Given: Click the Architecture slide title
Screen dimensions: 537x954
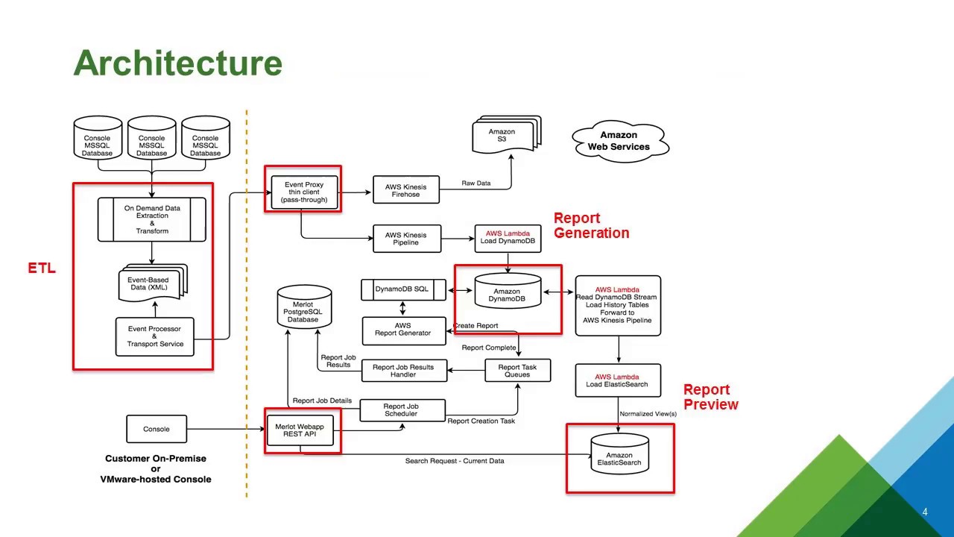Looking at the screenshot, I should pos(177,63).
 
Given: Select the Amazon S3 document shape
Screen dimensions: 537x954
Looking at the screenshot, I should pos(505,136).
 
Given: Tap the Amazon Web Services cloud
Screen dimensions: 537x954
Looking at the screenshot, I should pos(619,141).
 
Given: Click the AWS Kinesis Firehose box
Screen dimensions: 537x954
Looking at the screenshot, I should pos(406,190).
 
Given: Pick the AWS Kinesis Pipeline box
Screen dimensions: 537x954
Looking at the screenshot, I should pos(406,239).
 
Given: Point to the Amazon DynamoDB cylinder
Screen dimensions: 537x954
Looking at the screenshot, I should pos(507,294).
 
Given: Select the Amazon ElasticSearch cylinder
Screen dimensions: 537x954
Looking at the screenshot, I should pos(619,457).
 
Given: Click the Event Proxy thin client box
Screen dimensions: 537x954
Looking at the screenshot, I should pos(303,192).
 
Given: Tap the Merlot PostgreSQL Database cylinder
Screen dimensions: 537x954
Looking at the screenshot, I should pos(303,310).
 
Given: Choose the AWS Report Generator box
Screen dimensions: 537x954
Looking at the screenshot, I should pos(403,330).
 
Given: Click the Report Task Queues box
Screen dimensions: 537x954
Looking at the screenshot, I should pos(517,371).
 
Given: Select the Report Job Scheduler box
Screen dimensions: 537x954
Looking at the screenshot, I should pos(402,410).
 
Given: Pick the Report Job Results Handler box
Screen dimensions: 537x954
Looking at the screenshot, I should pos(403,371).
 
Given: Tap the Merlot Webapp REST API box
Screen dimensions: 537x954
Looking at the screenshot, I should pos(300,430).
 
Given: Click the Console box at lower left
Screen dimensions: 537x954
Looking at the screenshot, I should pos(157,429).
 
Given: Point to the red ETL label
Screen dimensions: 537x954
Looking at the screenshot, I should pos(42,268).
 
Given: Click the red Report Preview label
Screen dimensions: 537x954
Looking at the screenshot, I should pos(710,397).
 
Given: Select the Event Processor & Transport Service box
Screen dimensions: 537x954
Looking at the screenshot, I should pos(154,336).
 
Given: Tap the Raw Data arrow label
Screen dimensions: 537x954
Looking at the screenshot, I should pos(476,183).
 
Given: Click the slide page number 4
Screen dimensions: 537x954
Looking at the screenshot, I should pos(925,512).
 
